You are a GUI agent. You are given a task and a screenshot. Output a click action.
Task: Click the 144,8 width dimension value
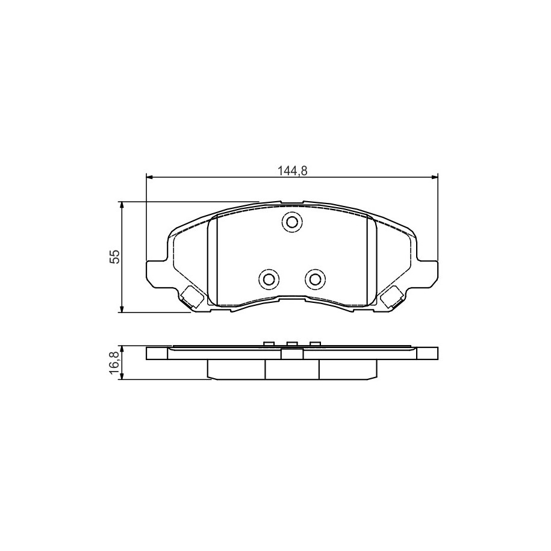pos(293,171)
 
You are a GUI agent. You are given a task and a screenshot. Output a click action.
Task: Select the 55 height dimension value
pos(115,257)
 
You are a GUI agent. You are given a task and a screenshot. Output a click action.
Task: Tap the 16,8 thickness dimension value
pos(115,361)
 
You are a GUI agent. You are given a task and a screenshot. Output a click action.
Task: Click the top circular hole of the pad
pos(291,222)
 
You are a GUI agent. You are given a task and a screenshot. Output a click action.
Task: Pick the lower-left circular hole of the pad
pos(269,280)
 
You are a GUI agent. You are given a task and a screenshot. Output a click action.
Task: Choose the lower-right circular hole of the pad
pos(315,280)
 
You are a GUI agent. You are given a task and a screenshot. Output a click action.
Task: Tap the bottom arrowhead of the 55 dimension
pos(121,308)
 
